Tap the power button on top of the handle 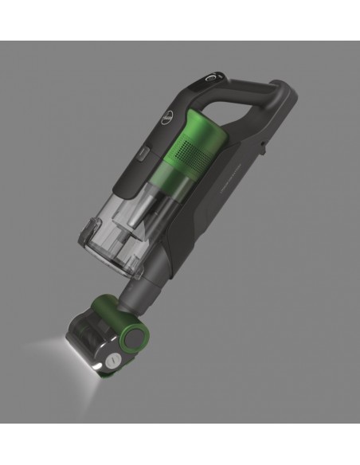pos(210,80)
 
